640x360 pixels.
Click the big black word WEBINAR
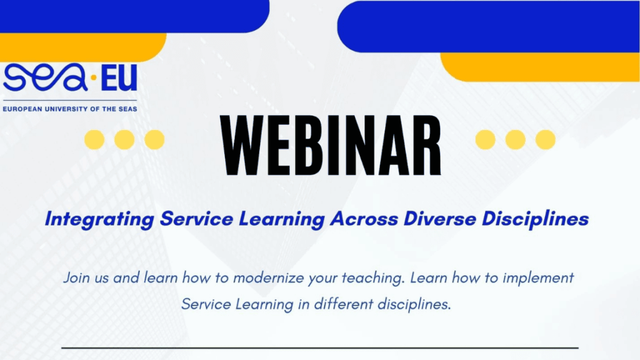click(331, 146)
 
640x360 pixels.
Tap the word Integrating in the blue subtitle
click(99, 219)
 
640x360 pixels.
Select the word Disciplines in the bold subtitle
click(535, 219)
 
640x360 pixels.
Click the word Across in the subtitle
click(364, 219)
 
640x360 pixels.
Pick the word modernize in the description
click(269, 278)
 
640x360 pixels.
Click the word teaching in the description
click(373, 279)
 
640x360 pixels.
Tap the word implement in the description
click(538, 279)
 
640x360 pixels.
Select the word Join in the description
click(75, 278)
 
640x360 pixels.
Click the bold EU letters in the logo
click(119, 78)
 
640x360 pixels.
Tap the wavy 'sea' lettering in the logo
click(45, 77)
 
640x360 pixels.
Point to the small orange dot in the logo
click(94, 77)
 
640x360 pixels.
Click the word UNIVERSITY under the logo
click(66, 109)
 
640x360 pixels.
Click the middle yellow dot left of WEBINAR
click(124, 139)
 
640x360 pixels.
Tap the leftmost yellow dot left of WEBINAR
click(94, 139)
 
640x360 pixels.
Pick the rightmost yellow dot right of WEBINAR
click(545, 139)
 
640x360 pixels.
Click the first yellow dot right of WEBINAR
click(485, 139)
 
